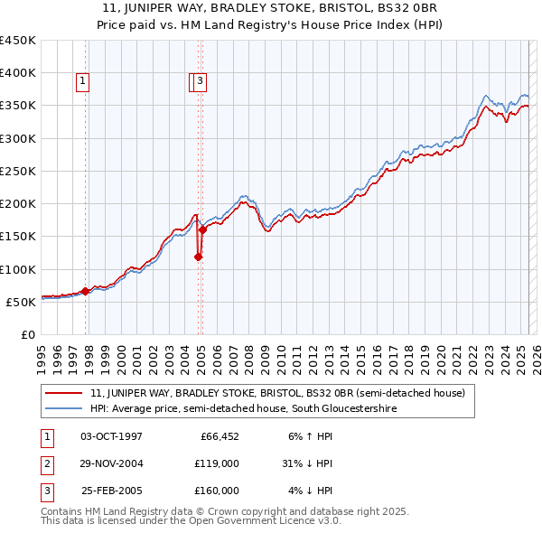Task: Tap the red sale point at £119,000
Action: click(x=199, y=257)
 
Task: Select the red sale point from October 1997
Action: click(x=85, y=291)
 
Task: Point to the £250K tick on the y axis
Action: click(x=20, y=171)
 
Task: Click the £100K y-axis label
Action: click(x=20, y=269)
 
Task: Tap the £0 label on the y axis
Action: click(x=27, y=334)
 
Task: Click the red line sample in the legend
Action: click(x=63, y=393)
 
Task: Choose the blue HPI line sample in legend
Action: click(x=63, y=408)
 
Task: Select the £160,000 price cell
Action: click(x=217, y=491)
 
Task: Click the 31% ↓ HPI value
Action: click(x=307, y=463)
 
